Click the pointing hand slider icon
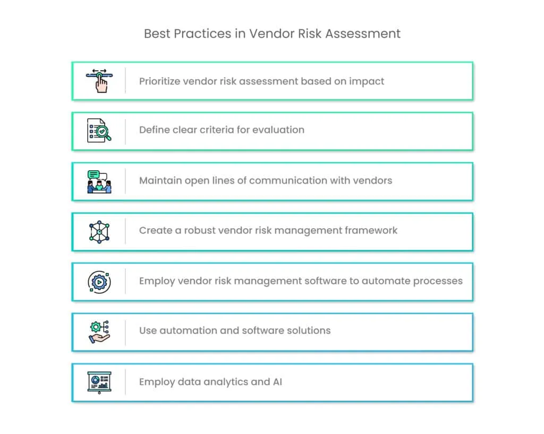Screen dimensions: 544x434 (99, 80)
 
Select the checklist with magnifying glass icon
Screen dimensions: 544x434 (99, 130)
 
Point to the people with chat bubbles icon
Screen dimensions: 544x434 (99, 181)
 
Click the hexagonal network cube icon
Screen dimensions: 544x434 (99, 231)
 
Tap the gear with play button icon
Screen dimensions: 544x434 (99, 281)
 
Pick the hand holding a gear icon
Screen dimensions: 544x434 (99, 331)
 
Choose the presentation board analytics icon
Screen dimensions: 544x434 (99, 382)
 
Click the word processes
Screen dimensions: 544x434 (437, 281)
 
